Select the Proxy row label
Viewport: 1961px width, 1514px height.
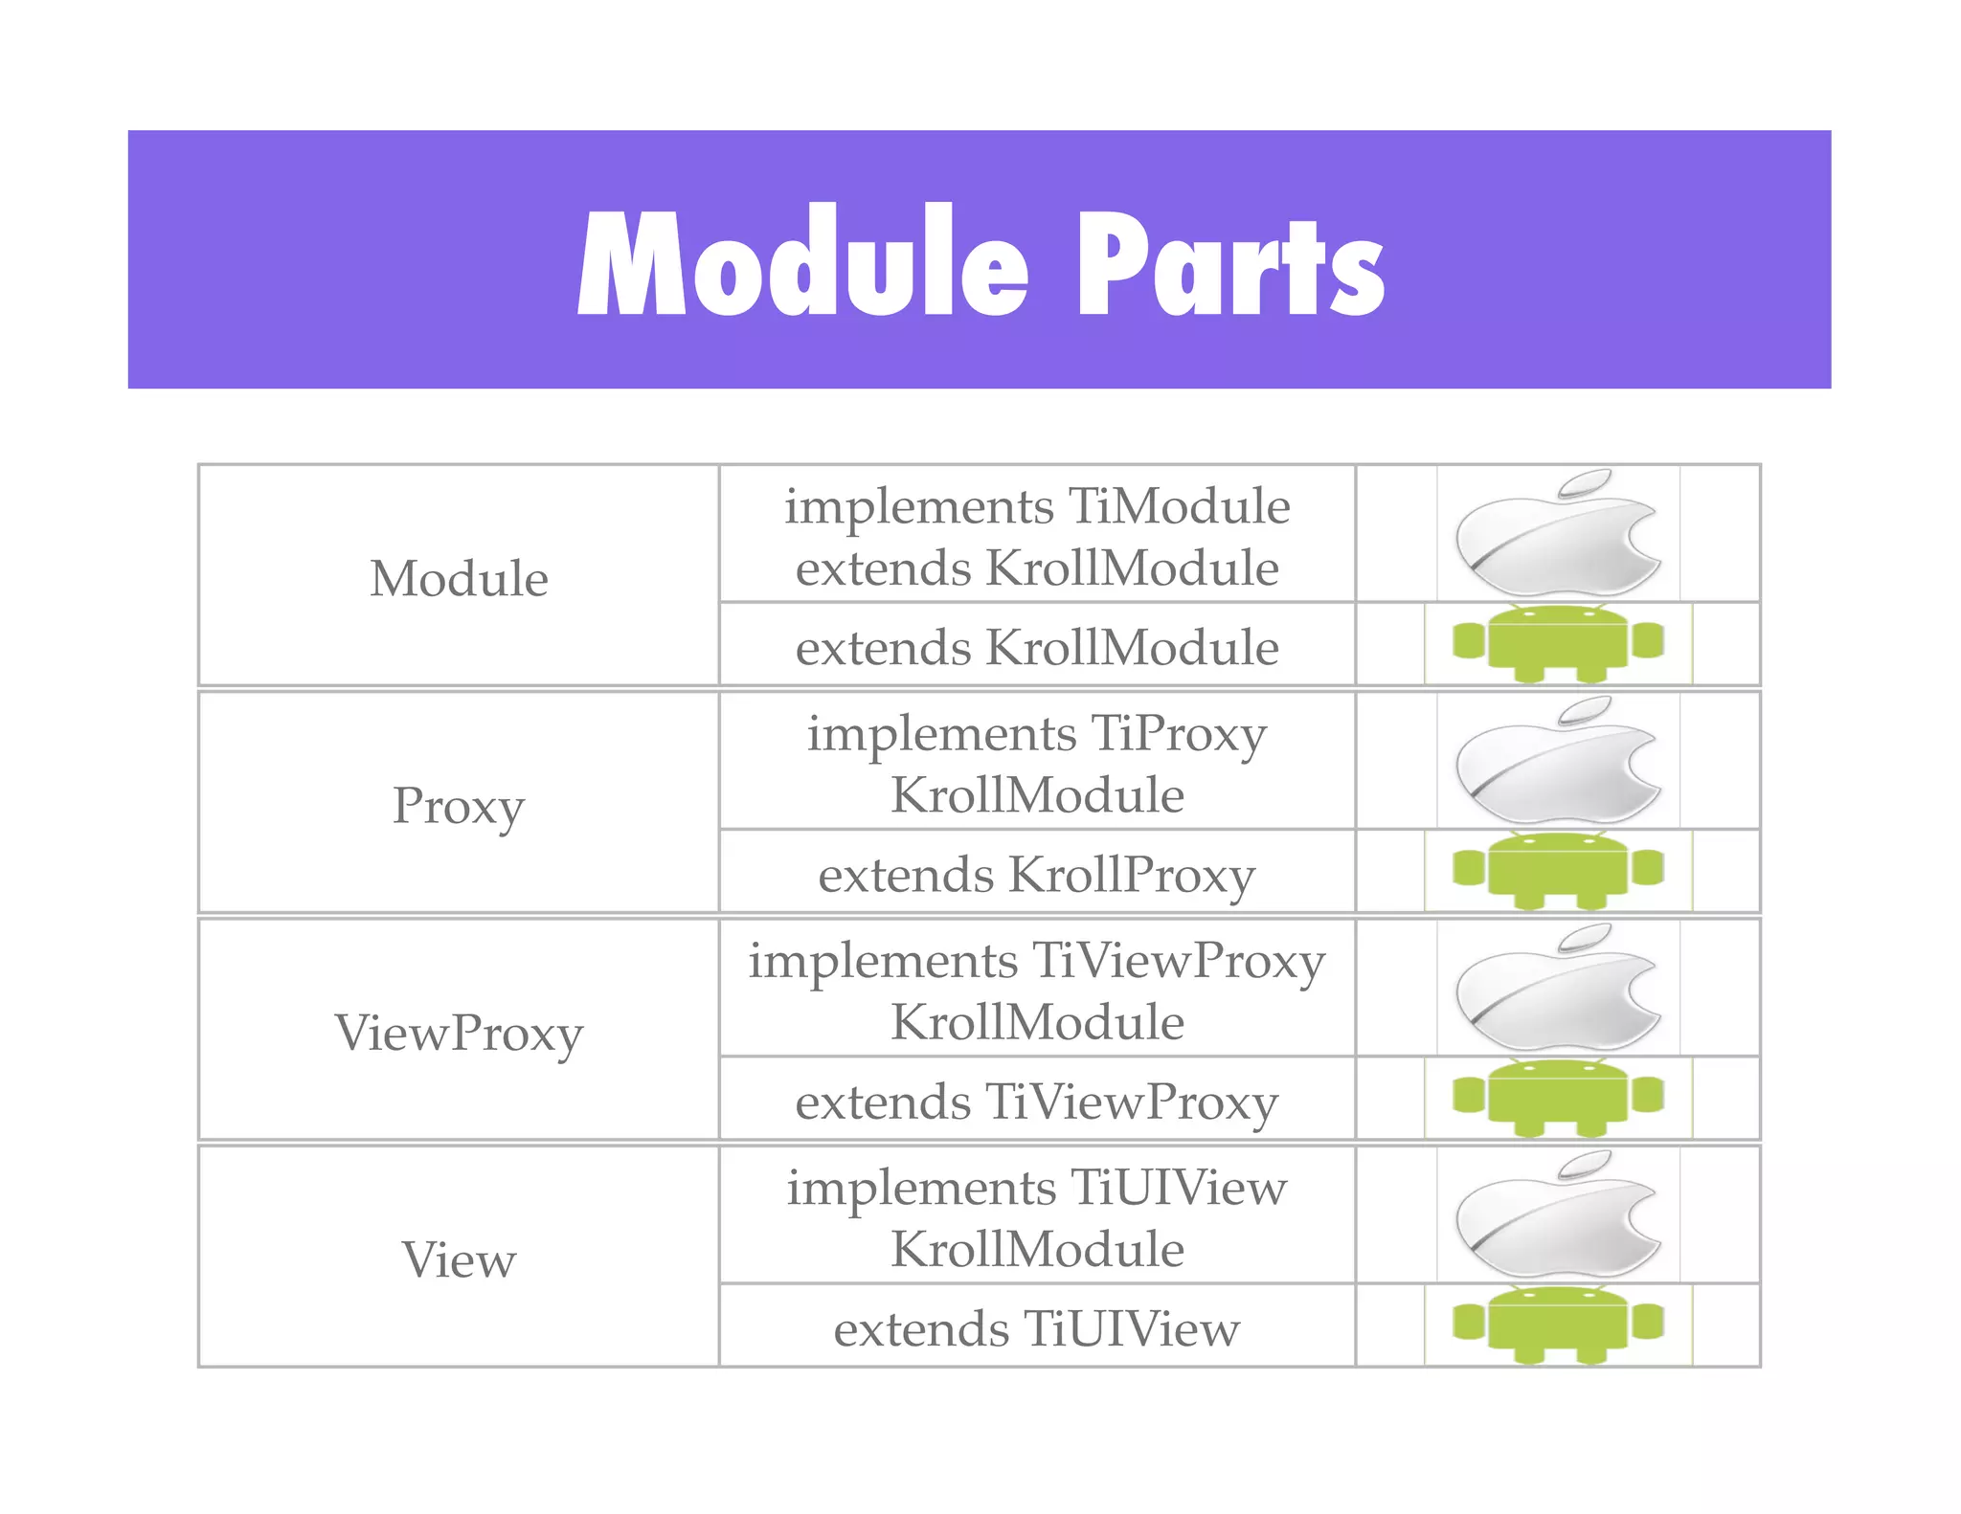pyautogui.click(x=459, y=805)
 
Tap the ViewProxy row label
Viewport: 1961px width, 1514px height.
pyautogui.click(x=459, y=1033)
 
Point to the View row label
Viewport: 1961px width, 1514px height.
pyautogui.click(x=459, y=1259)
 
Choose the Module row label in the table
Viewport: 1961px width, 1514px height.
pyautogui.click(x=459, y=578)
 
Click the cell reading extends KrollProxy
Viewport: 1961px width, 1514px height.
pyautogui.click(x=1037, y=875)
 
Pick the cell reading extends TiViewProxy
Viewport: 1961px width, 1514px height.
pyautogui.click(x=1037, y=1102)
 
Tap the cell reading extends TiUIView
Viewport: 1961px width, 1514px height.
pyautogui.click(x=1037, y=1328)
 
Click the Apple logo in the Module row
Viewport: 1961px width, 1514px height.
pyautogui.click(x=1558, y=533)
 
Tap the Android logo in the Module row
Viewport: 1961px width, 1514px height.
pyautogui.click(x=1558, y=643)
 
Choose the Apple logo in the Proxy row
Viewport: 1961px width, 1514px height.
pyautogui.click(x=1558, y=761)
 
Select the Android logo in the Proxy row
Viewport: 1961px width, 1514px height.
pyautogui.click(x=1558, y=871)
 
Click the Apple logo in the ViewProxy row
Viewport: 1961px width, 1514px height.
pyautogui.click(x=1558, y=988)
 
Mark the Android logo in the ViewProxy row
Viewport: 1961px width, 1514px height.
pyautogui.click(x=1558, y=1098)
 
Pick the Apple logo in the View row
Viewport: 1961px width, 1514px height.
pyautogui.click(x=1558, y=1214)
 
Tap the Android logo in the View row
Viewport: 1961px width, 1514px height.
pyautogui.click(x=1558, y=1325)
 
